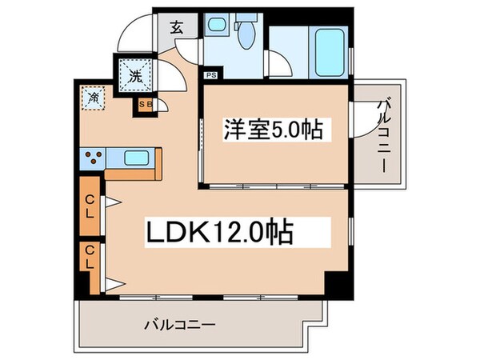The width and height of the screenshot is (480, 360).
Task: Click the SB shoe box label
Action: pyautogui.click(x=146, y=104)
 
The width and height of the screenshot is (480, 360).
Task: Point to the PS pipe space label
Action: pyautogui.click(x=210, y=76)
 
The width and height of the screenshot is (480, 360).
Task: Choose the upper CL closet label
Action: pyautogui.click(x=90, y=209)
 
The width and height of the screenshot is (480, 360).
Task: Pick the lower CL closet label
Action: pyautogui.click(x=90, y=258)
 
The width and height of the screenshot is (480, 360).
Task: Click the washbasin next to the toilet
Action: pyautogui.click(x=215, y=27)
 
